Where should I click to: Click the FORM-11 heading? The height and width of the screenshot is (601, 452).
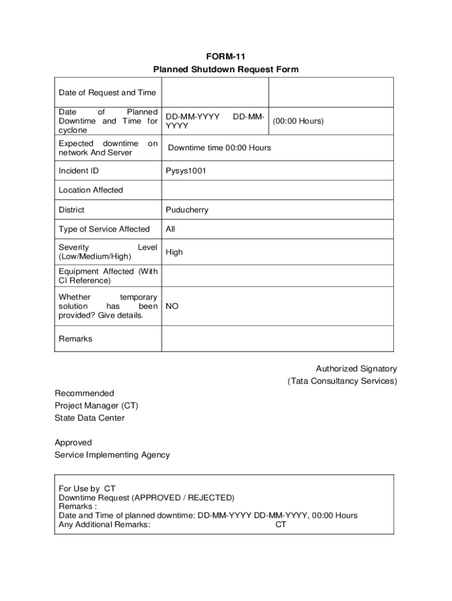pyautogui.click(x=225, y=57)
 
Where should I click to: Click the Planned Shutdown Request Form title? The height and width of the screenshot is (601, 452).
pyautogui.click(x=225, y=70)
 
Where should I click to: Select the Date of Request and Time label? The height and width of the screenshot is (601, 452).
pyautogui.click(x=107, y=93)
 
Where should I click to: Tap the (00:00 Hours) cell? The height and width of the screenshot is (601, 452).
pyautogui.click(x=298, y=121)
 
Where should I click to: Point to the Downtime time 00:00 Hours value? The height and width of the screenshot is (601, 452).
pyautogui.click(x=220, y=148)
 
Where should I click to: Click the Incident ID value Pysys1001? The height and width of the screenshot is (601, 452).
pyautogui.click(x=186, y=171)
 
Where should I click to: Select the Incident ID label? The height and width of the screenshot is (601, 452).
pyautogui.click(x=79, y=171)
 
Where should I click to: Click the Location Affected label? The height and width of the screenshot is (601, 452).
pyautogui.click(x=91, y=190)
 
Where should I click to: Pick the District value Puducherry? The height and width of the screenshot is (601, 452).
pyautogui.click(x=187, y=210)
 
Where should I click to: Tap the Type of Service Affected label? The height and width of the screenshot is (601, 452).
pyautogui.click(x=104, y=229)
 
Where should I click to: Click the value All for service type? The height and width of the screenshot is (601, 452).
pyautogui.click(x=171, y=229)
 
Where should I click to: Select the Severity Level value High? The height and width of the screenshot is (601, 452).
pyautogui.click(x=174, y=252)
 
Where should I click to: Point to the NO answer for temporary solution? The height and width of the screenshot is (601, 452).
pyautogui.click(x=172, y=306)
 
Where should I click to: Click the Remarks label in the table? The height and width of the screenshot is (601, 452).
pyautogui.click(x=75, y=339)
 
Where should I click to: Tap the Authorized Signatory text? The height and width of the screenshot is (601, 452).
pyautogui.click(x=356, y=369)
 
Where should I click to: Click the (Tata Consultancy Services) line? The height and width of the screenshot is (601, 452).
pyautogui.click(x=342, y=381)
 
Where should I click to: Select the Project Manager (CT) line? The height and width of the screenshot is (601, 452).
pyautogui.click(x=96, y=406)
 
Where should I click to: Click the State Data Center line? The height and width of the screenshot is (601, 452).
pyautogui.click(x=89, y=418)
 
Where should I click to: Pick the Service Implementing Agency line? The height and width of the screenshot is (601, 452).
pyautogui.click(x=112, y=455)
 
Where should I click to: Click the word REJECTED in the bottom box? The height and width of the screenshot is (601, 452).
pyautogui.click(x=210, y=498)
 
